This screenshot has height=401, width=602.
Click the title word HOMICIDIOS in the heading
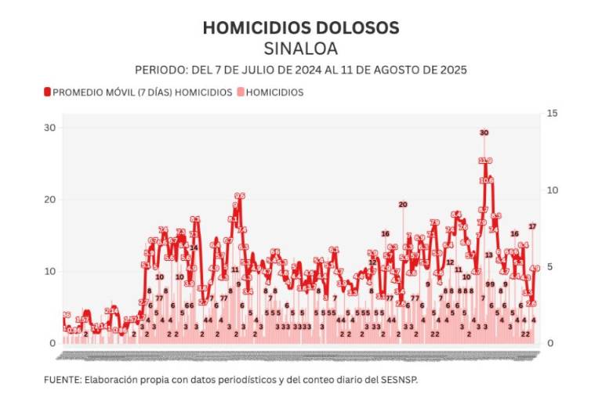point(248,27)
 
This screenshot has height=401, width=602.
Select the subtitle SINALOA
point(301,49)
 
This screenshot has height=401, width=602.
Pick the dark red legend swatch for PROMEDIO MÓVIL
point(47,92)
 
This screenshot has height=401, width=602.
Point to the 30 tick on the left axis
point(49,128)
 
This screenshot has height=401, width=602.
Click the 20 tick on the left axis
point(49,200)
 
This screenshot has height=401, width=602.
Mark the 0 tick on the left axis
point(52,343)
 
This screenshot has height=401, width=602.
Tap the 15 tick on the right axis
point(551,114)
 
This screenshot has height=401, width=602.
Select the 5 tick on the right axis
point(550,266)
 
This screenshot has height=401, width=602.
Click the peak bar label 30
point(484,133)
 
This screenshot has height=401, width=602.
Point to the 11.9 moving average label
point(485,161)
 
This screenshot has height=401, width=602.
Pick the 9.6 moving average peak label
point(240,197)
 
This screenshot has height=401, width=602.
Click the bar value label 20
point(403,204)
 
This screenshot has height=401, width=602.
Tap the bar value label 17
point(532,226)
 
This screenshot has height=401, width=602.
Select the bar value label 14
point(194,247)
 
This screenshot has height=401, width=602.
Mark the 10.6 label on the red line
point(487,180)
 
